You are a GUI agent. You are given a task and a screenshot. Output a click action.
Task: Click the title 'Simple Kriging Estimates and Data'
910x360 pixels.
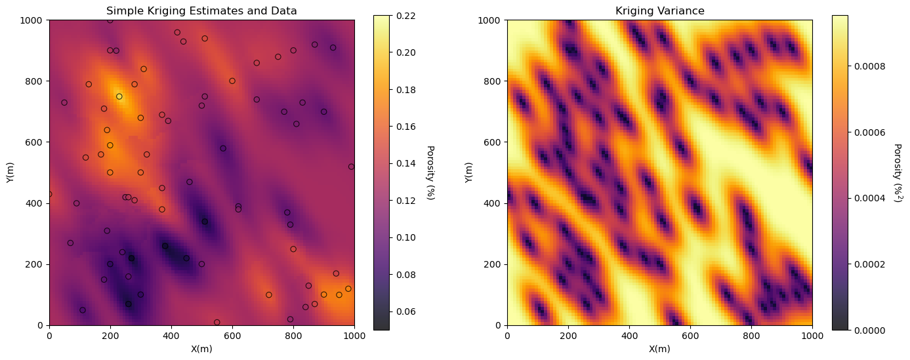tap(201, 10)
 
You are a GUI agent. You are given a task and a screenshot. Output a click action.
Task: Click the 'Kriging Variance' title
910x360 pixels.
tap(659, 10)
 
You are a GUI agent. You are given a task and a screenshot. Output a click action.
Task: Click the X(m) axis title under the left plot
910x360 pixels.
tap(201, 349)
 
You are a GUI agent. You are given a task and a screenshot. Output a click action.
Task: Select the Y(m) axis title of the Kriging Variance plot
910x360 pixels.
tap(468, 172)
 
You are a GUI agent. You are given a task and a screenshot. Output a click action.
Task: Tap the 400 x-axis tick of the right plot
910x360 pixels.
tap(629, 335)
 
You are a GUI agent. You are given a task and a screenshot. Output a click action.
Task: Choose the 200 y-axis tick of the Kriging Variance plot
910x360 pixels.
tap(493, 264)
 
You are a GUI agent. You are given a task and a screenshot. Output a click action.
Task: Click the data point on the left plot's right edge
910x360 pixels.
tap(351, 167)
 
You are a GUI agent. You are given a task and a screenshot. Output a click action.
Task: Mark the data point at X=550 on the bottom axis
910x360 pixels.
tap(217, 323)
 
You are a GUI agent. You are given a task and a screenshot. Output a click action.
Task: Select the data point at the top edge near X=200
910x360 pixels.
tap(110, 20)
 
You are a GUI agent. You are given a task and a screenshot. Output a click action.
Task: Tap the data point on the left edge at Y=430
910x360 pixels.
tap(49, 194)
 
